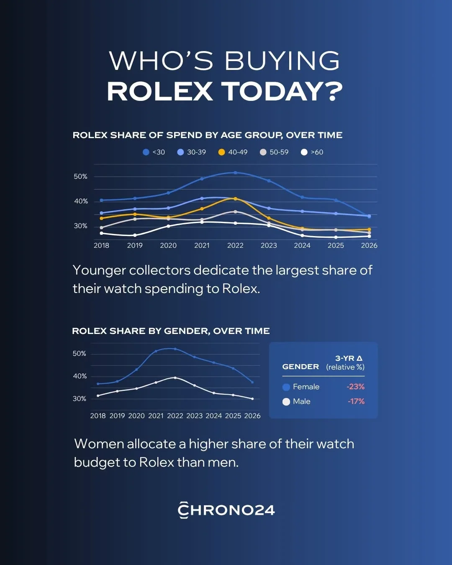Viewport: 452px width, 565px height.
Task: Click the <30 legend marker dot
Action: (x=146, y=152)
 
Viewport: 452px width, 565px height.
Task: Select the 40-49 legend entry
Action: (x=233, y=152)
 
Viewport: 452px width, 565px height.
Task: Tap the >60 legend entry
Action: (x=312, y=152)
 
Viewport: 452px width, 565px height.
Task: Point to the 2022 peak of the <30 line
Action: (x=235, y=173)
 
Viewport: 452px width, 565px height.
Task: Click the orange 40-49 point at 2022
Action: (x=235, y=199)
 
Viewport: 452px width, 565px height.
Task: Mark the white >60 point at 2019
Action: (x=135, y=235)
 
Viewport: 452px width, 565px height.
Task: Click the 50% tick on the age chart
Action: (x=80, y=177)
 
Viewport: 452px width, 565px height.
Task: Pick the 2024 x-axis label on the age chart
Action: (x=302, y=246)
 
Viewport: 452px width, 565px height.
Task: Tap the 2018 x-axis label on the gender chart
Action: (x=98, y=416)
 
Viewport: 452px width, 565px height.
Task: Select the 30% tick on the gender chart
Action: (x=80, y=399)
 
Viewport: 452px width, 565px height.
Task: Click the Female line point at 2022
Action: (x=175, y=349)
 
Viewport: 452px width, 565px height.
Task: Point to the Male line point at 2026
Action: (x=252, y=399)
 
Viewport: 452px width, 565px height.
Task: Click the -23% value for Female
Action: (x=356, y=387)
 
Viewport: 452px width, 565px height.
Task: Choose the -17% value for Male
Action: (x=356, y=401)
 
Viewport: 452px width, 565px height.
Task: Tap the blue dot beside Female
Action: (x=286, y=387)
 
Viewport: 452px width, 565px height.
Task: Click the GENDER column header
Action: (x=300, y=367)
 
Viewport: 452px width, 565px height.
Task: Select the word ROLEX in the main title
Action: (x=160, y=91)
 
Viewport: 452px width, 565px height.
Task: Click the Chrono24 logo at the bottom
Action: (x=226, y=510)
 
